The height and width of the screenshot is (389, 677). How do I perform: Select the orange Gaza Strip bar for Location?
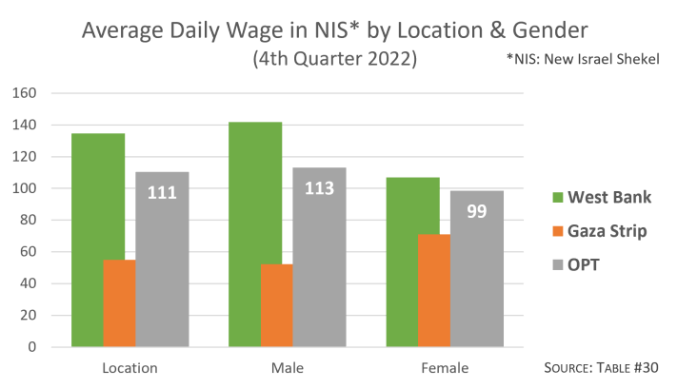point(119,303)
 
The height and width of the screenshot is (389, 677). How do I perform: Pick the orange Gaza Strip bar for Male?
point(276,305)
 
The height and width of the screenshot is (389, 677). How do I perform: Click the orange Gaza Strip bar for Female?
point(433,290)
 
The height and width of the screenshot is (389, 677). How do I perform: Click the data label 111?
point(163,193)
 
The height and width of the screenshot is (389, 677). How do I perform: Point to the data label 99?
point(477,210)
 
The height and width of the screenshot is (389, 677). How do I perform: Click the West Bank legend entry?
point(600,197)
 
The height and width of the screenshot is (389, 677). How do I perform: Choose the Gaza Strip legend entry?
point(600,232)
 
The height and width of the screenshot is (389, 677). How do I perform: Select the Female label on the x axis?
point(445,367)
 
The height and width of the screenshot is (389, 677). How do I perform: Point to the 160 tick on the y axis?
point(25,93)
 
